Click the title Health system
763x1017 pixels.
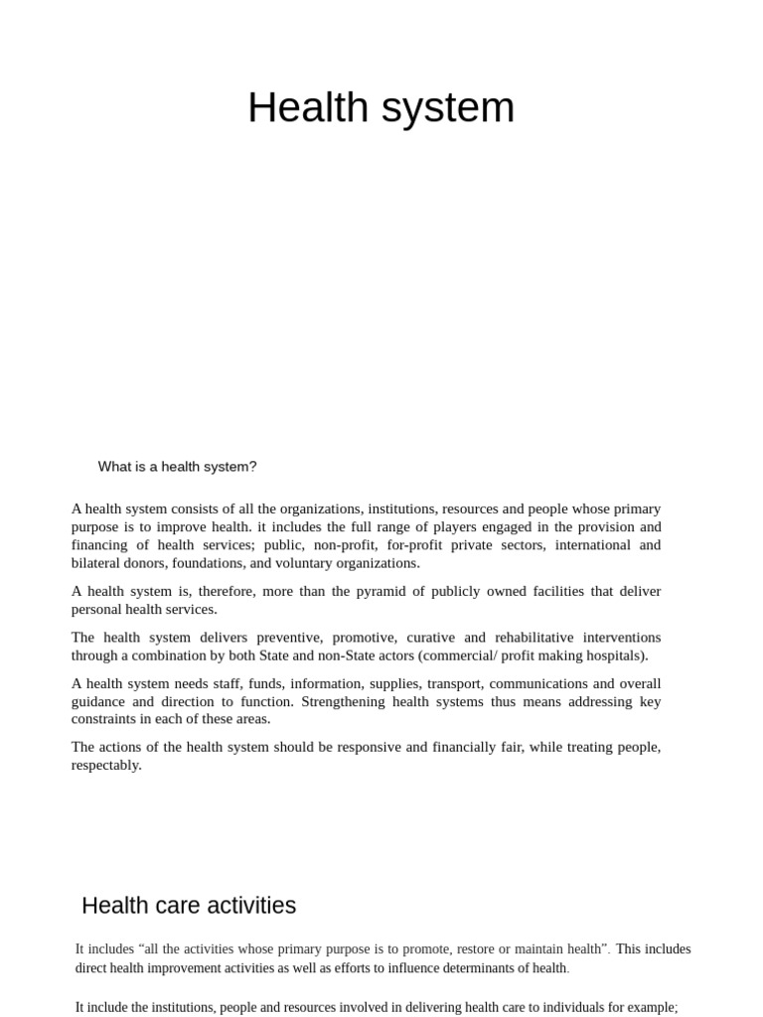(x=381, y=107)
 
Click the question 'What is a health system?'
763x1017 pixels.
(x=177, y=467)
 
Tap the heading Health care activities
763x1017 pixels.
(x=189, y=906)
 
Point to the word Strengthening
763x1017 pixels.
(x=353, y=701)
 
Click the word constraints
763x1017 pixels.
(x=104, y=719)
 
